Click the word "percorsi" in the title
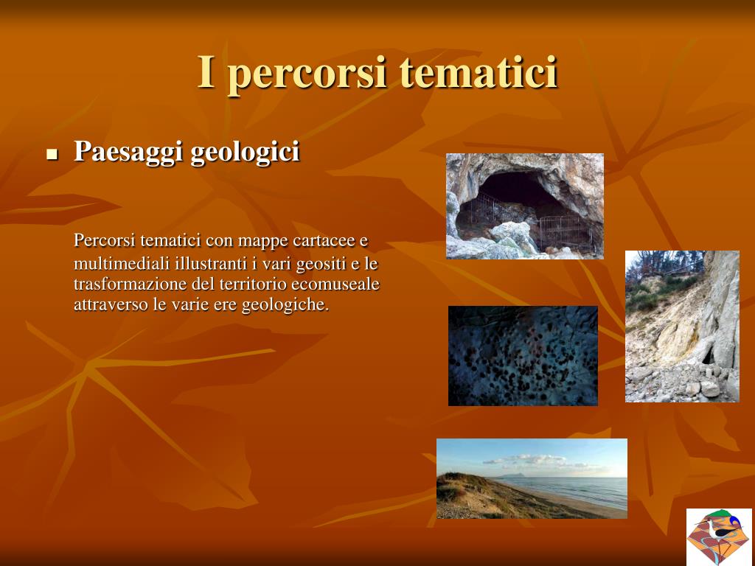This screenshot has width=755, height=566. click(307, 74)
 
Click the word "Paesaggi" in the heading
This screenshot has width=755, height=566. click(128, 152)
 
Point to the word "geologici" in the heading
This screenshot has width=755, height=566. click(245, 152)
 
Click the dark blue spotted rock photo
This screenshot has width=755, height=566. click(523, 356)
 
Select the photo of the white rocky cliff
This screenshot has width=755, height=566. click(682, 326)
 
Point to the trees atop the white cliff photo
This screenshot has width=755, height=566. click(664, 264)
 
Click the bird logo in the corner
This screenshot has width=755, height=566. click(719, 537)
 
